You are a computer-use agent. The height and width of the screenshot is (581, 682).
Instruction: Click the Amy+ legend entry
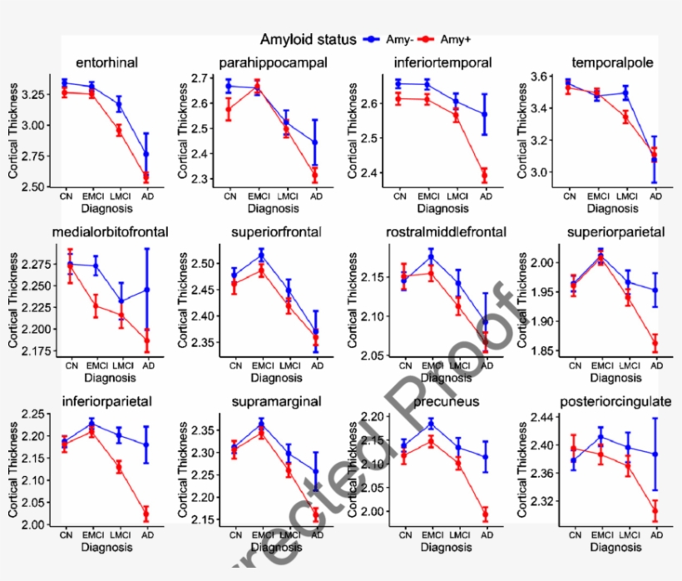444,39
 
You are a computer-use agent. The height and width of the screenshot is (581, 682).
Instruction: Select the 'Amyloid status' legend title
308,39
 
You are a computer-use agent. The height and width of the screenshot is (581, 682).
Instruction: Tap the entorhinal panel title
106,62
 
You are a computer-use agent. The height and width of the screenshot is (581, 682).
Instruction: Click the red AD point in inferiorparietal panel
147,514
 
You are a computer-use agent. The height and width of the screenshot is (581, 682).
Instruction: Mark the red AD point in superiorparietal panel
655,343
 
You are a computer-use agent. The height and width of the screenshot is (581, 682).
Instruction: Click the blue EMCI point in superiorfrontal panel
261,254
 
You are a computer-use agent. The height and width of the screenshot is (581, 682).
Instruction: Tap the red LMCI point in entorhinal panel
119,130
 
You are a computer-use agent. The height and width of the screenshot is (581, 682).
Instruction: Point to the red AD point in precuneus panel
484,514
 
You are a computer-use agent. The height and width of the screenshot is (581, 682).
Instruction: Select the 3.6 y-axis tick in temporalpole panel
544,77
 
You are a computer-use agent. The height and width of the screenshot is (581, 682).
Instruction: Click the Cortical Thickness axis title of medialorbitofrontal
13,300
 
